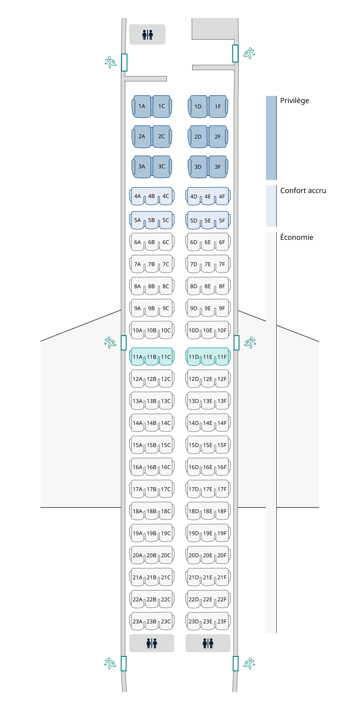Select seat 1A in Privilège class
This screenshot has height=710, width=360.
142,106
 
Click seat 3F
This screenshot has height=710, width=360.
218,166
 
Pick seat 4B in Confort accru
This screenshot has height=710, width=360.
152,196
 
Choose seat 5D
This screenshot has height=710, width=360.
193,220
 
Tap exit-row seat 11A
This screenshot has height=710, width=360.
137,357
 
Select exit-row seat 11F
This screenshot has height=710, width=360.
222,357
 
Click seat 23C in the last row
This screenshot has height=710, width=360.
166,621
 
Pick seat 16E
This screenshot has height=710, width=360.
207,467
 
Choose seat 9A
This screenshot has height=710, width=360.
137,308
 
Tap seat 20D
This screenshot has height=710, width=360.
193,555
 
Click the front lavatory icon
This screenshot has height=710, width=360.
148,35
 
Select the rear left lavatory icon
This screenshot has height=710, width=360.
152,643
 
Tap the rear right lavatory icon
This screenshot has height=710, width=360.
208,643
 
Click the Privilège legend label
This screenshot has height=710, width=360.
294,100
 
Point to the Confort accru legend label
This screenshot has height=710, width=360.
303,190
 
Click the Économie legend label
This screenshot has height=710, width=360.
297,237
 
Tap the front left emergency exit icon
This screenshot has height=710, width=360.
110,62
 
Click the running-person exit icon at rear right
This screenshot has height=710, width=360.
249,663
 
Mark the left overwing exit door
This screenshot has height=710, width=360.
124,343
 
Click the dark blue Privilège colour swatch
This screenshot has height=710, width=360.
271,137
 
